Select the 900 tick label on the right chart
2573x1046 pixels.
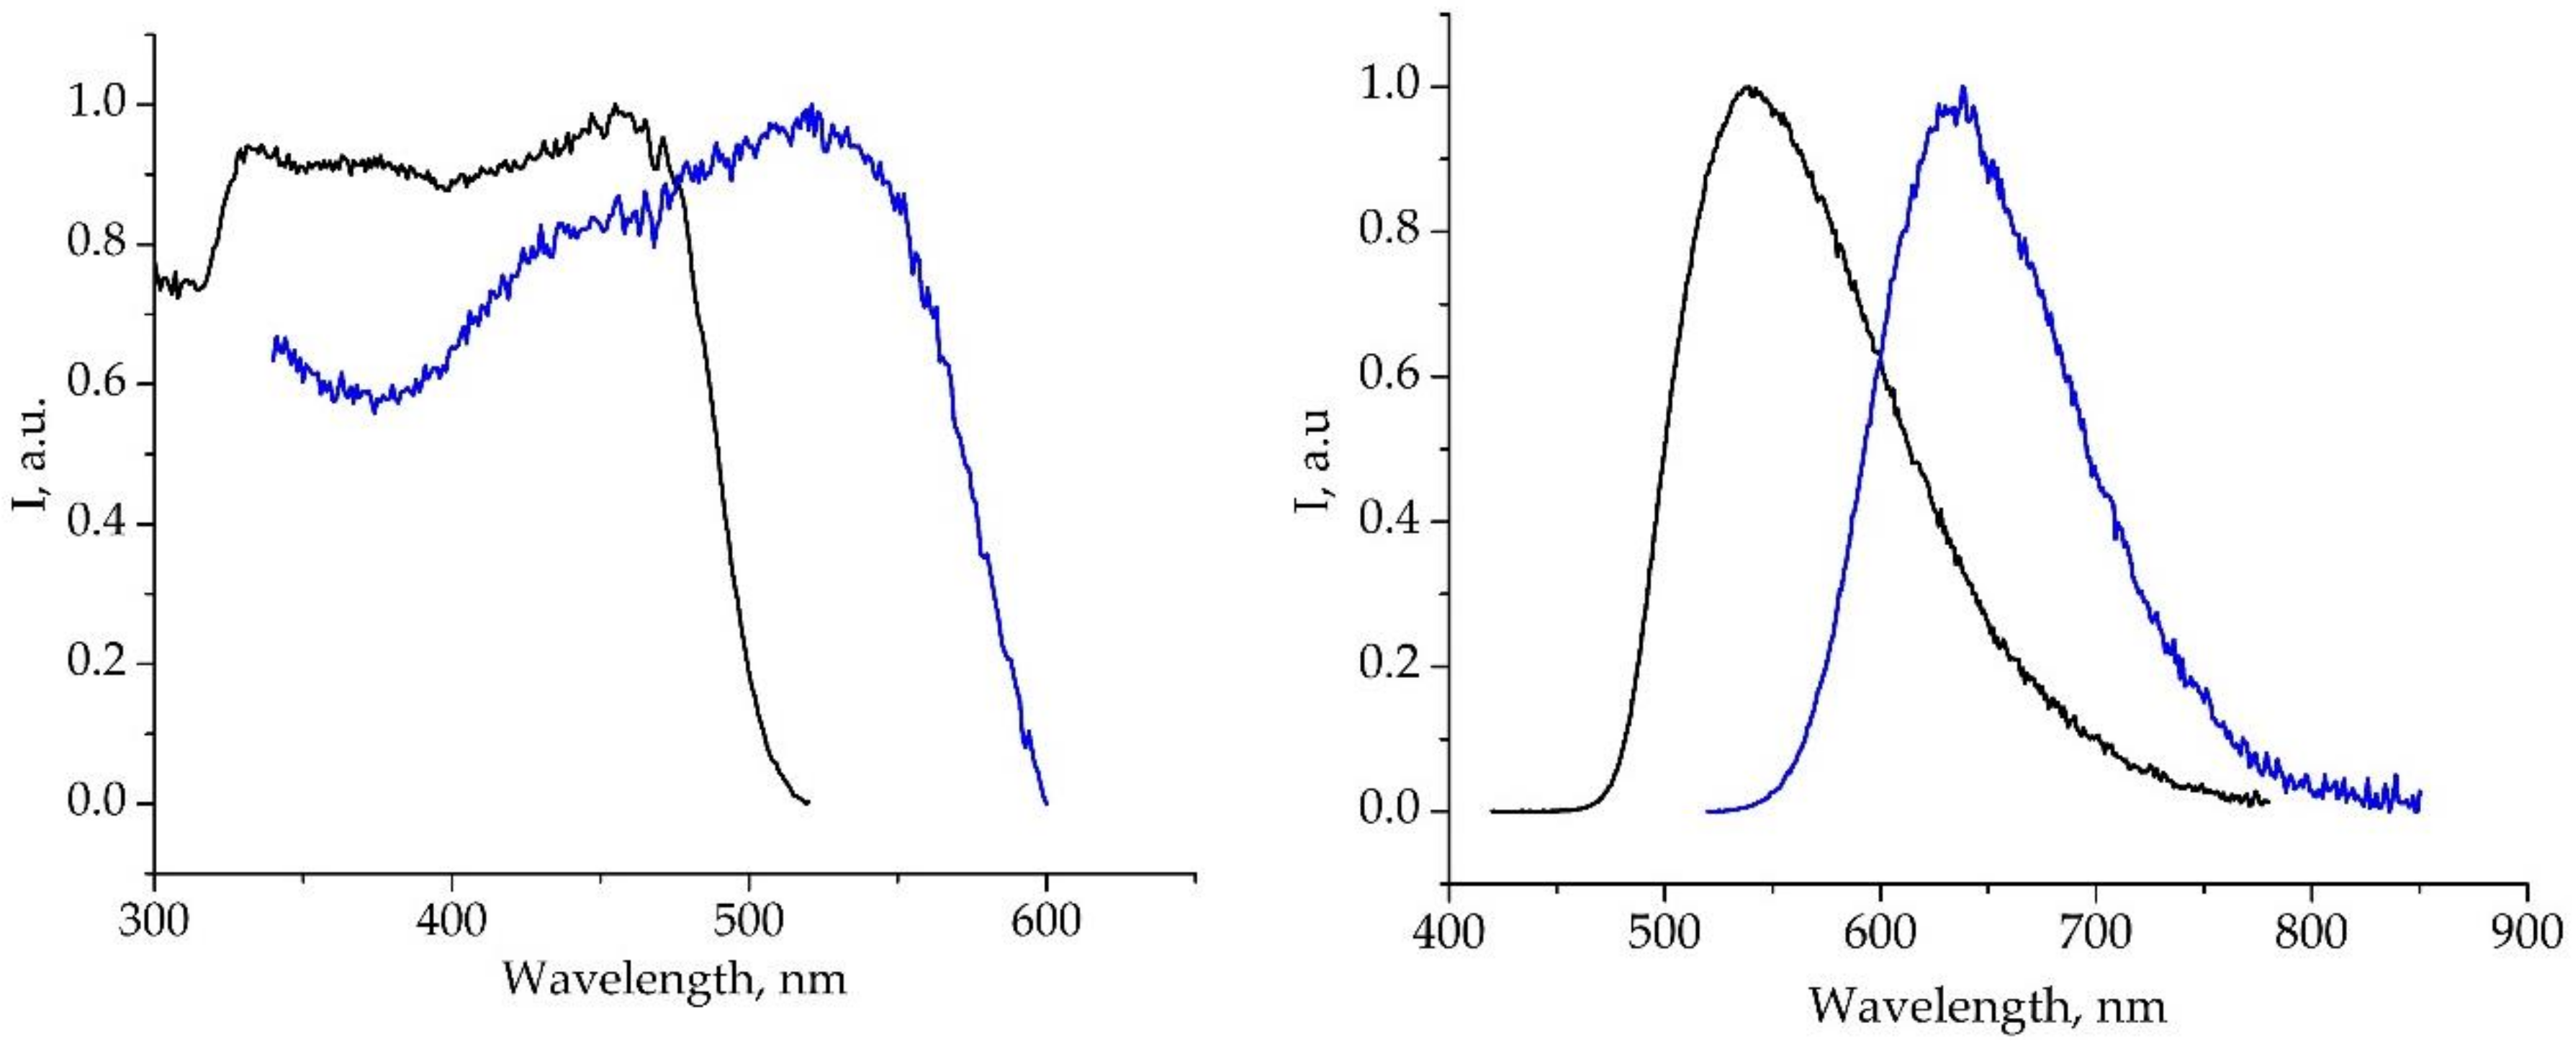[x=2527, y=933]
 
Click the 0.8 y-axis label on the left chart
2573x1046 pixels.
[x=99, y=245]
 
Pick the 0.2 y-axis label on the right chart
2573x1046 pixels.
[x=1389, y=666]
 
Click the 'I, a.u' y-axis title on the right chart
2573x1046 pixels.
[x=1313, y=460]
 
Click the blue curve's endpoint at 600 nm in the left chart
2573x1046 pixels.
[x=1046, y=803]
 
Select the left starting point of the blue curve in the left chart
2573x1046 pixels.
[x=274, y=357]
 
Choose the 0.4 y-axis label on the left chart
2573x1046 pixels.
[x=99, y=524]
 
